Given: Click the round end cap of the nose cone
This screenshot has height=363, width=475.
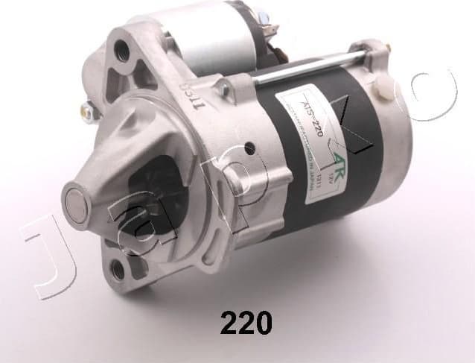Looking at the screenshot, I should click(x=77, y=200).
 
